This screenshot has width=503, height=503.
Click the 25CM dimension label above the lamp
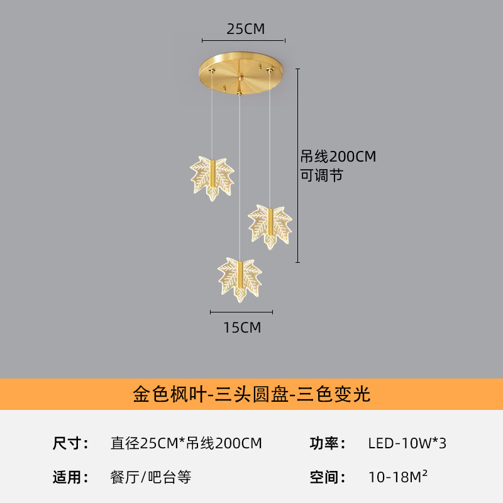click(x=246, y=29)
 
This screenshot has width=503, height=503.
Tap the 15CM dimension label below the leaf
click(x=242, y=328)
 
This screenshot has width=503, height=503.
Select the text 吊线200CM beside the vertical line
click(x=338, y=157)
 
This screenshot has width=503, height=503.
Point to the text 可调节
click(x=322, y=175)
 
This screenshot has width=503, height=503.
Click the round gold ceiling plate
click(x=241, y=72)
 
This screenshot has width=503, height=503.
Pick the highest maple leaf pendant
click(x=212, y=178)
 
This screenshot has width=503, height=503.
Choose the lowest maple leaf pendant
click(x=240, y=279)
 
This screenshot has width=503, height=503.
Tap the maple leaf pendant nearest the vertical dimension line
click(x=270, y=227)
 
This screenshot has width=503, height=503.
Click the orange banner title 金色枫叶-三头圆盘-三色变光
click(x=251, y=394)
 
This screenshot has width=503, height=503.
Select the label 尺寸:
click(x=70, y=443)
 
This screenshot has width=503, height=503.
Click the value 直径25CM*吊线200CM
click(x=186, y=443)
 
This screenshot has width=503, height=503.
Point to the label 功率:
click(x=328, y=443)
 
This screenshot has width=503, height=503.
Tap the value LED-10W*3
click(x=407, y=443)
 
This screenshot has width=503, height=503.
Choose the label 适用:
click(x=70, y=477)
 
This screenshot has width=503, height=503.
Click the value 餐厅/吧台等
click(x=151, y=477)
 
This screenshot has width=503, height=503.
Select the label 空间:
click(x=328, y=477)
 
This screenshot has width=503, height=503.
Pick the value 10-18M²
click(x=398, y=477)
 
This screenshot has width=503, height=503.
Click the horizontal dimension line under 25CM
click(x=243, y=41)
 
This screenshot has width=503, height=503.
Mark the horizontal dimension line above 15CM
click(x=241, y=312)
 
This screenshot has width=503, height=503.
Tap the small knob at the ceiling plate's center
click(x=241, y=77)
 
